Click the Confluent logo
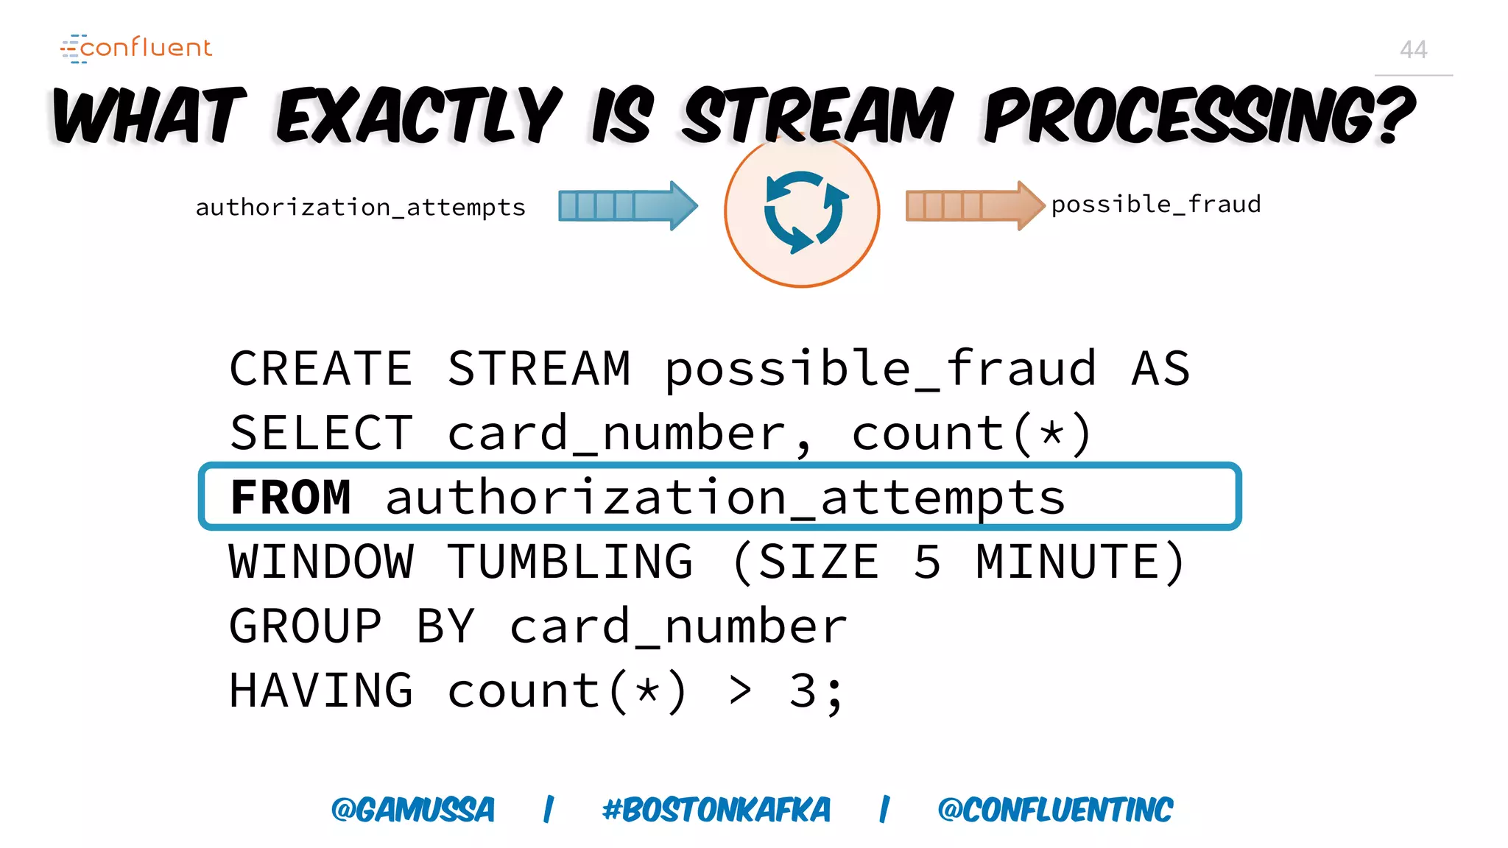pyautogui.click(x=136, y=48)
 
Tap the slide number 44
pyautogui.click(x=1413, y=50)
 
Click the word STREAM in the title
pyautogui.click(x=817, y=116)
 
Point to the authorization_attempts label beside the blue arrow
pyautogui.click(x=360, y=208)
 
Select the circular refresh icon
pyautogui.click(x=802, y=212)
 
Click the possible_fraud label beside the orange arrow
pyautogui.click(x=1155, y=205)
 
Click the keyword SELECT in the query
pyautogui.click(x=321, y=433)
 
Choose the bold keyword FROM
pyautogui.click(x=290, y=498)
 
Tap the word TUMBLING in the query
pyautogui.click(x=570, y=562)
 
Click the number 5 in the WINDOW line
pyautogui.click(x=927, y=562)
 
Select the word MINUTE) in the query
pyautogui.click(x=1080, y=562)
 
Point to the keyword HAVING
pyautogui.click(x=321, y=691)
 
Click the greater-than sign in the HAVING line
pyautogui.click(x=740, y=691)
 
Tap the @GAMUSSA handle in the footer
pyautogui.click(x=412, y=810)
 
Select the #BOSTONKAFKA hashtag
pyautogui.click(x=716, y=810)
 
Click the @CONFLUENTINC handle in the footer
pyautogui.click(x=1054, y=810)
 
